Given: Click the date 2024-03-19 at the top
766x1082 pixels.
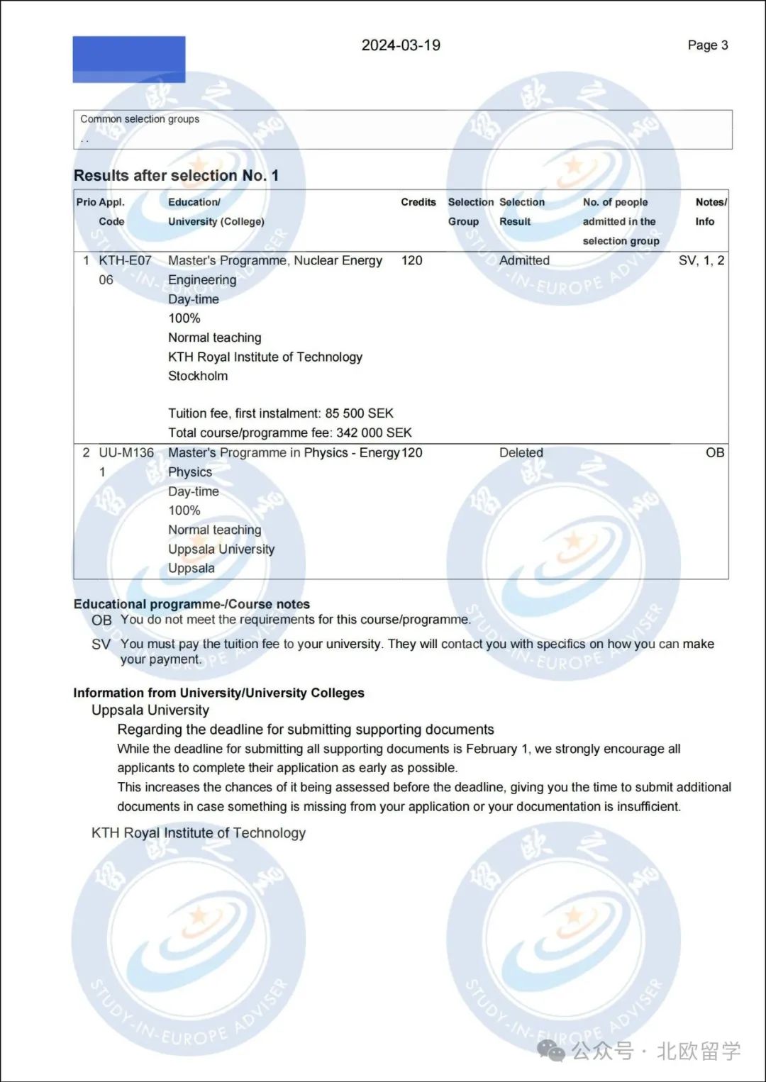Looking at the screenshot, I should click(x=401, y=45).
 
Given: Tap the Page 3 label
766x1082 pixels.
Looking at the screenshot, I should click(x=707, y=45).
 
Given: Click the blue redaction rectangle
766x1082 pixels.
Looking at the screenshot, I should click(x=129, y=60).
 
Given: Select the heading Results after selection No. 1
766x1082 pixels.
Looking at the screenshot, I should click(x=176, y=175).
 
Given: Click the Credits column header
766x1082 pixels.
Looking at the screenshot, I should click(x=418, y=202).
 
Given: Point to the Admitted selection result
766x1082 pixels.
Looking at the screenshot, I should click(x=524, y=260).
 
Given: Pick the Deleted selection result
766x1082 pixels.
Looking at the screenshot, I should click(x=521, y=452).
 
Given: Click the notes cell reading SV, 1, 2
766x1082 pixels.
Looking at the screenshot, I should click(x=701, y=260).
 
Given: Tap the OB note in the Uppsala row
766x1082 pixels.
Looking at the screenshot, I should click(x=714, y=452).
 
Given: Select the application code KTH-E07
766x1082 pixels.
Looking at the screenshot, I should click(x=125, y=260).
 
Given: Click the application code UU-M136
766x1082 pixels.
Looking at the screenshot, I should click(x=126, y=452).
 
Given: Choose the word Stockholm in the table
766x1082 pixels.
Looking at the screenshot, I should click(x=198, y=376).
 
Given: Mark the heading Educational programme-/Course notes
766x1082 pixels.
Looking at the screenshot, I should click(x=191, y=604).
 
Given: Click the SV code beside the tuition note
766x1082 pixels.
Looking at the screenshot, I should click(x=101, y=644).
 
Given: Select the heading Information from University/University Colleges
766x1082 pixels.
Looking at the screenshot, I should click(x=218, y=693).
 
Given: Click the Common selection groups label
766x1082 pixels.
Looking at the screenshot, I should click(x=140, y=119).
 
